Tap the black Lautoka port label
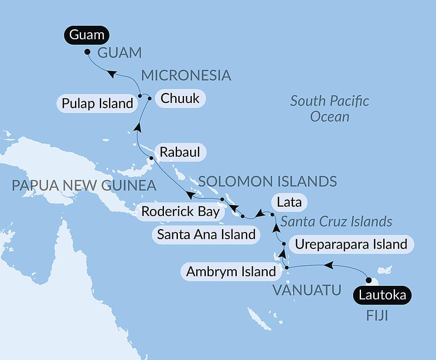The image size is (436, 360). point(382,295)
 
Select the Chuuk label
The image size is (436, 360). point(180,99)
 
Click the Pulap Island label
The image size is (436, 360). point(97,104)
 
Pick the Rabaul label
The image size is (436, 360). point(180,152)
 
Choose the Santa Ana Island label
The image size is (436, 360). point(206,234)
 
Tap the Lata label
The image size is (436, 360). point(289,203)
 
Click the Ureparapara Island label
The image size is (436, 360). point(351,244)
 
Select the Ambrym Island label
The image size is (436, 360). point(231,272)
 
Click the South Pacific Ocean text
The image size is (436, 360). point(330,109)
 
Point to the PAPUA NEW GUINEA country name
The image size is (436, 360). point(84,185)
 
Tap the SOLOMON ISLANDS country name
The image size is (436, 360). point(268,181)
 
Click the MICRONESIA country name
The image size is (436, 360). point(186,75)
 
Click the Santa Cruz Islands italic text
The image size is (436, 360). point(336,222)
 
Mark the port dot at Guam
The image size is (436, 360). point(87,52)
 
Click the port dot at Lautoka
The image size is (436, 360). point(368,280)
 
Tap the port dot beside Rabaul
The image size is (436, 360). point(151,158)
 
